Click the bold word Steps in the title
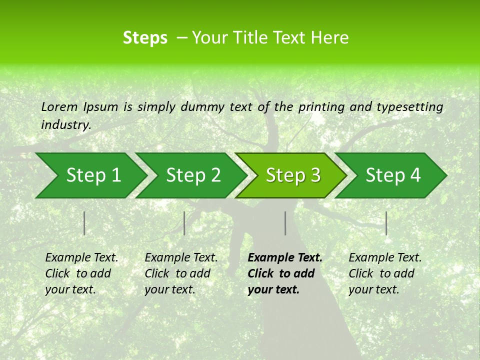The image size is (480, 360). click(x=145, y=38)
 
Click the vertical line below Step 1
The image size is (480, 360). click(x=84, y=223)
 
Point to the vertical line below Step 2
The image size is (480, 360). click(x=184, y=223)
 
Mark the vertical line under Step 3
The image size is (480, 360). click(x=285, y=223)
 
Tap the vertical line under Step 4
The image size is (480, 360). click(x=386, y=223)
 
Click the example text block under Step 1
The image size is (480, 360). click(x=81, y=273)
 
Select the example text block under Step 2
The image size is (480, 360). click(x=181, y=273)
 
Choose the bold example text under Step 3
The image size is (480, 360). click(x=284, y=273)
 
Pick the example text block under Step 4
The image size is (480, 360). click(x=385, y=273)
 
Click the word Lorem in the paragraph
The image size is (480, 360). click(x=59, y=106)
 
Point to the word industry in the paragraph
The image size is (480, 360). click(x=66, y=124)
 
